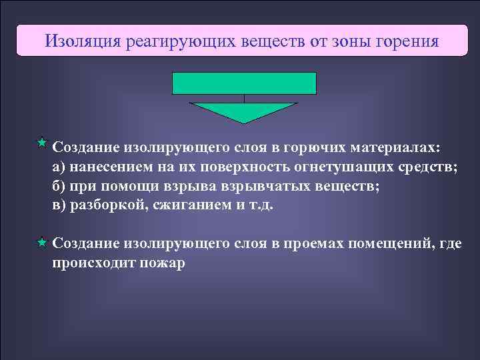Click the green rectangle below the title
click(x=244, y=83)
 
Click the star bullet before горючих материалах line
click(x=41, y=143)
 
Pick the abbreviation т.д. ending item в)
click(x=261, y=205)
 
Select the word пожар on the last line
click(x=163, y=263)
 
